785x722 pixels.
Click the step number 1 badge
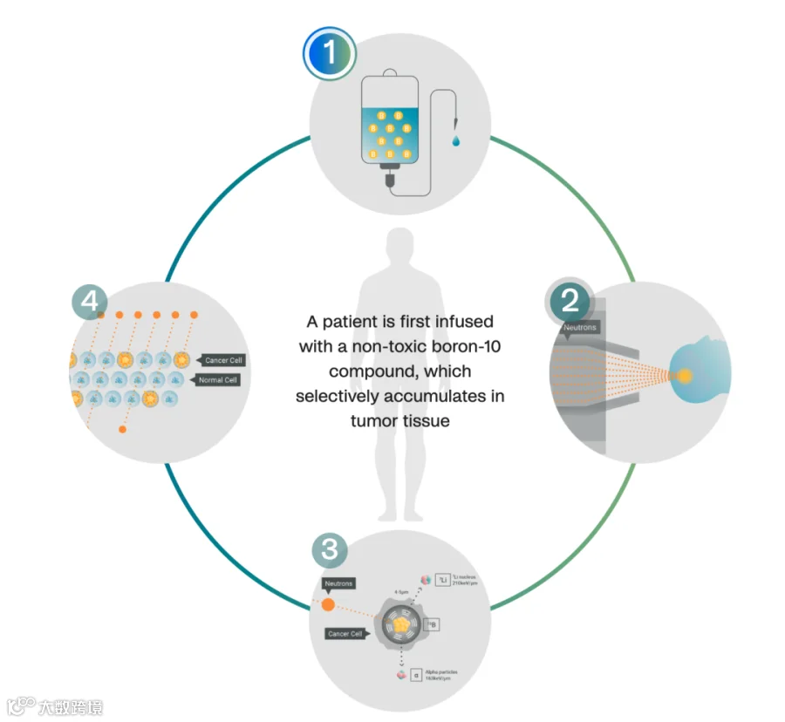[x=330, y=53]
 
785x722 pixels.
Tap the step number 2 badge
[x=570, y=302]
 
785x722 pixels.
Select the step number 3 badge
[x=330, y=549]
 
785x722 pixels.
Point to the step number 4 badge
[x=89, y=302]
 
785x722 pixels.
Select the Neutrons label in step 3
[x=338, y=583]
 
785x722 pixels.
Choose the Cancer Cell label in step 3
[x=345, y=634]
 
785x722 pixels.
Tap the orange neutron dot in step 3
[x=329, y=604]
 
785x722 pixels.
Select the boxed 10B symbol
[x=431, y=624]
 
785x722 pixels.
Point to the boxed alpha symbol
[x=417, y=674]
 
